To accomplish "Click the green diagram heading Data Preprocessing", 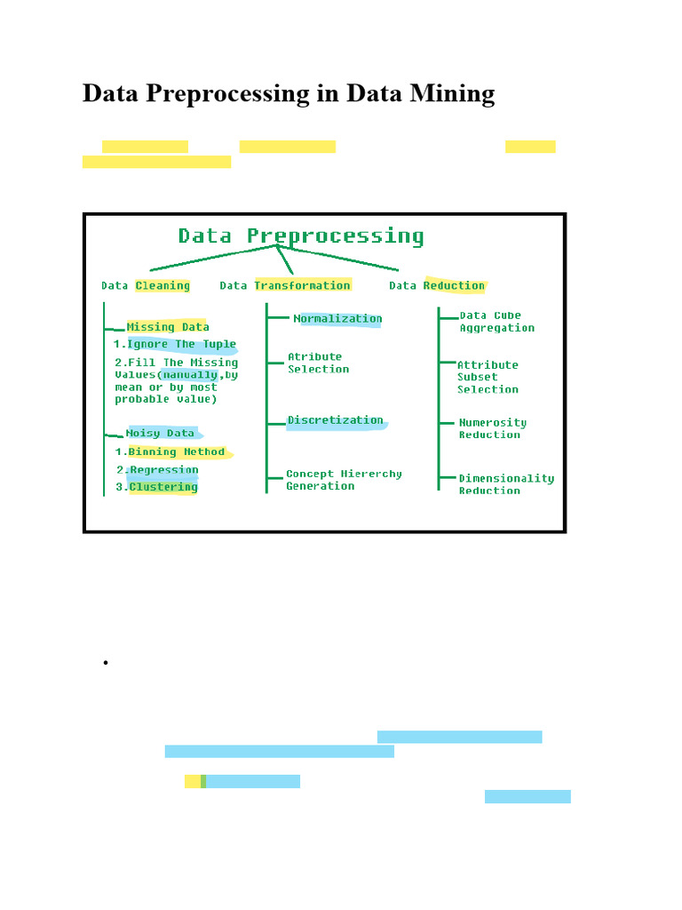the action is coord(301,236).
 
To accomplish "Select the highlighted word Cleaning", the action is coord(163,285).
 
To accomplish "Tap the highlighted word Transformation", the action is coord(303,285).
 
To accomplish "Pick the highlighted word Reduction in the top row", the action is coord(454,285).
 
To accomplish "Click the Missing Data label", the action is coord(168,327).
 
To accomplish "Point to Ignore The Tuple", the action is coord(182,344).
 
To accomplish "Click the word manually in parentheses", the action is coord(190,375).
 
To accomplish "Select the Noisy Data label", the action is coord(160,434).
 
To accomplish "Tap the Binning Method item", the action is coord(177,452).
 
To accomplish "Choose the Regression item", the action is coord(164,470).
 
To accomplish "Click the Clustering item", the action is coord(163,487).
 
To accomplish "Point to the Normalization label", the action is coord(338,319).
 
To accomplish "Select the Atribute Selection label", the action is coord(318,363).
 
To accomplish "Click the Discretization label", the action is coord(336,420).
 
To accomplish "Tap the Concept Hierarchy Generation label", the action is coord(343,480).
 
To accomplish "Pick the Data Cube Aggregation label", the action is coord(496,322).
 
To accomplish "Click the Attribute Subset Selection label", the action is coord(488,377).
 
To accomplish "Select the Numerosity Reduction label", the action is coord(492,428).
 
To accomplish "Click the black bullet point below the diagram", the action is coord(105,663).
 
